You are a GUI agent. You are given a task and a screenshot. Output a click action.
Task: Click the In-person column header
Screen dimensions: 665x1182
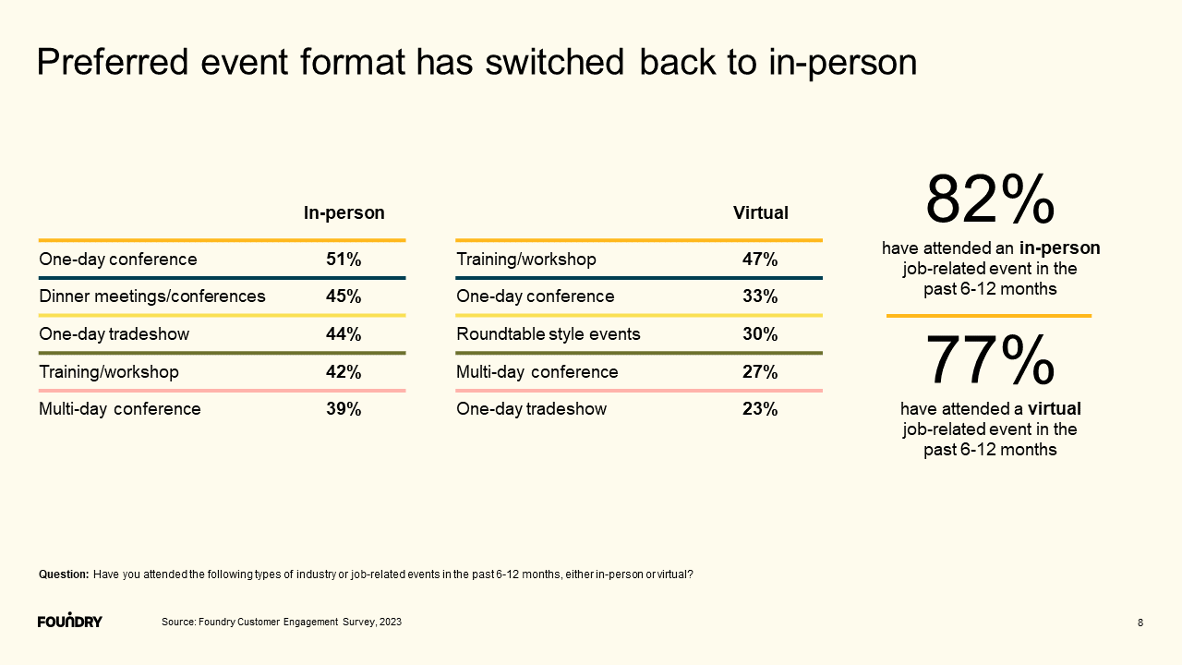coord(344,213)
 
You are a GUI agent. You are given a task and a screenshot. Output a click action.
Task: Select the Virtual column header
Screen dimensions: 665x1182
coord(760,213)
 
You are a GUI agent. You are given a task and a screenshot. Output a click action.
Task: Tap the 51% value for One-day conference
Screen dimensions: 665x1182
coord(344,260)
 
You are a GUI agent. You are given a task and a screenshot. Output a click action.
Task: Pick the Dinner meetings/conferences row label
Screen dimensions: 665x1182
coord(152,296)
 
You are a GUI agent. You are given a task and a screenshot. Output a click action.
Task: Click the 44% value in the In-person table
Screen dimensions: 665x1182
coord(344,334)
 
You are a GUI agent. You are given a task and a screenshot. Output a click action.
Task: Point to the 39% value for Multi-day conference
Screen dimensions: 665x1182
coord(344,409)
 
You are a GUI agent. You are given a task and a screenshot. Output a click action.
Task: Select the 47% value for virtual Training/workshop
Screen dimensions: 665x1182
coord(760,260)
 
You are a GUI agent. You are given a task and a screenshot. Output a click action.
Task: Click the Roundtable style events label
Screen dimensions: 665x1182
coord(549,334)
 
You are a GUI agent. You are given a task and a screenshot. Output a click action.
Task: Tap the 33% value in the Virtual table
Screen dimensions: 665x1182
coord(760,296)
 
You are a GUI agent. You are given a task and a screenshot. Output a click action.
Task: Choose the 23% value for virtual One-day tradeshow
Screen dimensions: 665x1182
coord(760,409)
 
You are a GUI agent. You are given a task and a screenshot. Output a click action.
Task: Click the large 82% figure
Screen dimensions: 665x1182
coord(989,199)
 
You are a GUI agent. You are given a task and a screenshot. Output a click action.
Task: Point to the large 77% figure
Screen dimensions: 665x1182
coord(989,360)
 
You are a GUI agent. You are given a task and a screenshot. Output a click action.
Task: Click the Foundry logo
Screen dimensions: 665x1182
coord(70,620)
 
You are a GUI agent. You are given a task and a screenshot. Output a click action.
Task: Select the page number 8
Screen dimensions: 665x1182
coord(1140,623)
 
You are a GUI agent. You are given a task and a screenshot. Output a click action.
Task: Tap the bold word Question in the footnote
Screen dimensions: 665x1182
coord(64,574)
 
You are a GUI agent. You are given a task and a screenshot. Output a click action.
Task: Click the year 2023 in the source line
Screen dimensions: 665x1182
coord(390,623)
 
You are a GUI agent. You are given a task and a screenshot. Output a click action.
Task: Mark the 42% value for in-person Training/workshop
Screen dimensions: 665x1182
coord(344,372)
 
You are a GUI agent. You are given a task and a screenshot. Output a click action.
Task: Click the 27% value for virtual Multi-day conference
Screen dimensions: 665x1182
coord(760,372)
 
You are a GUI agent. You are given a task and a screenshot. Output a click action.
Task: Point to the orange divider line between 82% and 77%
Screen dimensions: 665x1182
coord(989,316)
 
